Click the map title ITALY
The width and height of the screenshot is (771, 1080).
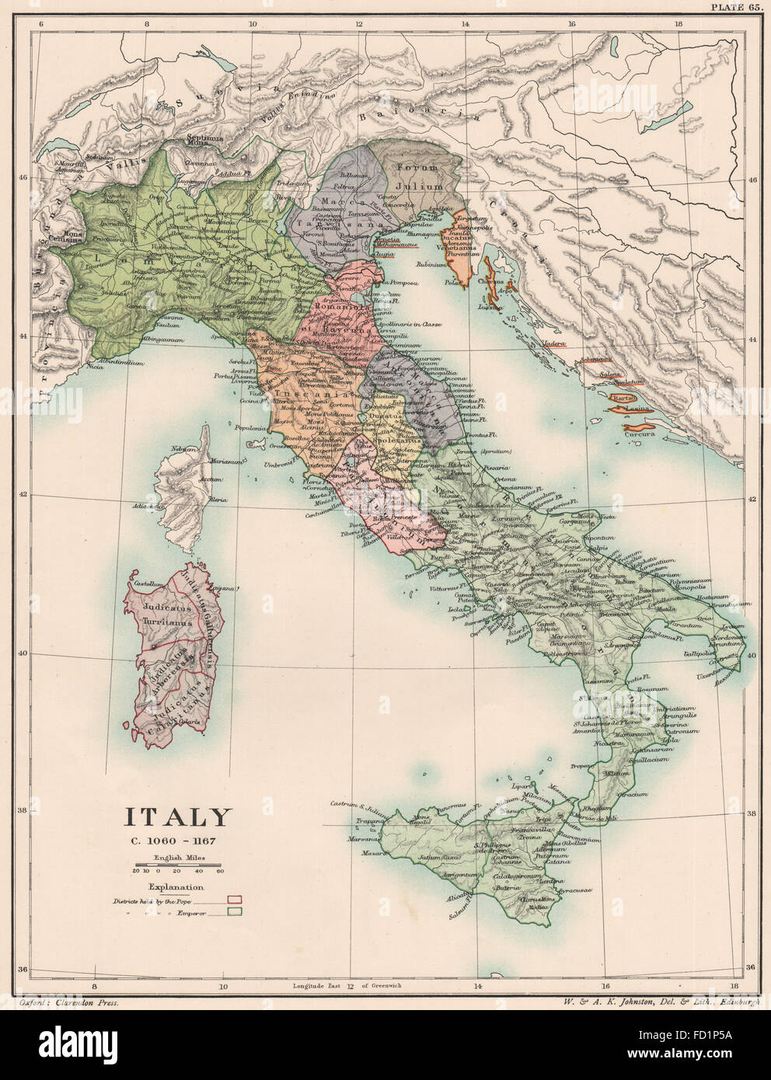pos(179,817)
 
